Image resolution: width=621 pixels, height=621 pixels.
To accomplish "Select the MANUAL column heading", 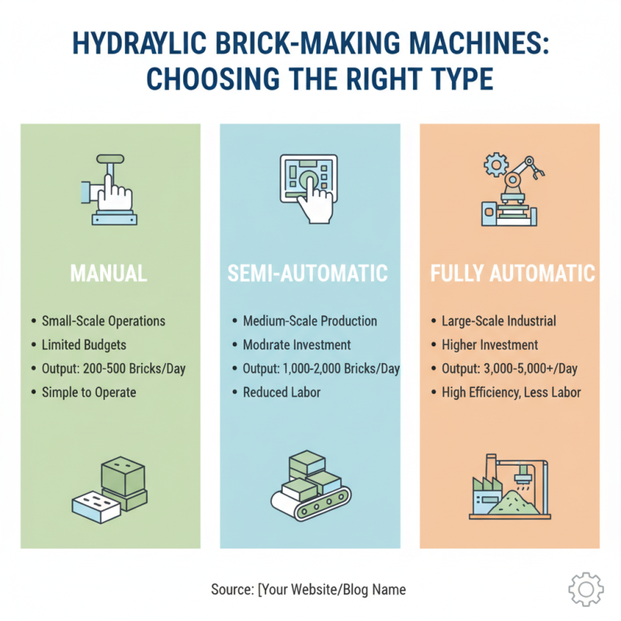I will click(109, 273).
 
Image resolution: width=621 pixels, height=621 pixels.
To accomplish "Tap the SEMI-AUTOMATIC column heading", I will click(308, 273).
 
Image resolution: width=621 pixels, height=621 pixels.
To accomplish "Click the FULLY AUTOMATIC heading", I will click(513, 273).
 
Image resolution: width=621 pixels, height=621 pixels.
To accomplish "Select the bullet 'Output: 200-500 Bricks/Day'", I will click(113, 369).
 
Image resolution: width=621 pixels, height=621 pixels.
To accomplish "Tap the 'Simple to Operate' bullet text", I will click(89, 392).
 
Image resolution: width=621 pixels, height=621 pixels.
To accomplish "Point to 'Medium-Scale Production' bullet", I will click(310, 321).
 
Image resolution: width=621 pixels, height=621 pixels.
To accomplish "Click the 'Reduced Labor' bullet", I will click(281, 392).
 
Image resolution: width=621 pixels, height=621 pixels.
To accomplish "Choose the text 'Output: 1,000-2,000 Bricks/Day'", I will click(321, 369).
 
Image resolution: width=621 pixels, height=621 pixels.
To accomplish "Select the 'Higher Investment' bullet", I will click(489, 345).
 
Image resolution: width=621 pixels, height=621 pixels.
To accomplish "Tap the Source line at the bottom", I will click(308, 590).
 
